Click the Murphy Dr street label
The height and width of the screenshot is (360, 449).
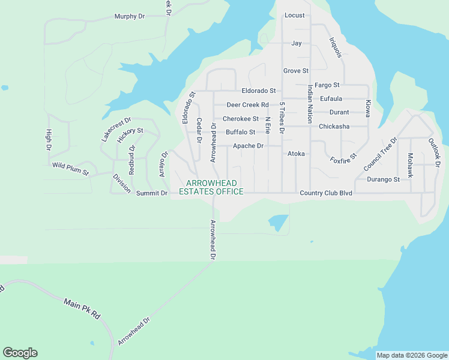[130, 16]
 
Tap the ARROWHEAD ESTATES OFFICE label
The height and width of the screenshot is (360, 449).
[211, 187]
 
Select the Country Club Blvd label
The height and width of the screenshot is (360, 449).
[325, 193]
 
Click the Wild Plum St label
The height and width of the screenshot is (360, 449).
[70, 169]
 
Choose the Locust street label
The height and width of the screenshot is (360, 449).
[294, 15]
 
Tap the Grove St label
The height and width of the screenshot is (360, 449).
[295, 71]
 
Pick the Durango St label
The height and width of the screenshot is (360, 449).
[384, 179]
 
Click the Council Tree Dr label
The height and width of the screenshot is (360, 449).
[380, 154]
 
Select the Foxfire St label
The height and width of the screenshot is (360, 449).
[343, 158]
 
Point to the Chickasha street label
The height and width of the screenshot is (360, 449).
[334, 127]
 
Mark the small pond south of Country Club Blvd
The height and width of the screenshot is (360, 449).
[278, 223]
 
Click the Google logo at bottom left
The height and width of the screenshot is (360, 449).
[20, 353]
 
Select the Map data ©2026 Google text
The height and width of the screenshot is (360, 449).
[411, 355]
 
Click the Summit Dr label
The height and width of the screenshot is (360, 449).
[152, 193]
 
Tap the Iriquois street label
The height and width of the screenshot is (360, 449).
[335, 47]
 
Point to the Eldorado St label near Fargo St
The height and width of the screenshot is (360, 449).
[258, 91]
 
